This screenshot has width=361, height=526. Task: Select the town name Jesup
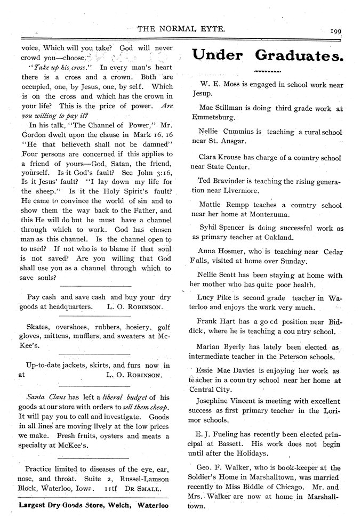click(202, 93)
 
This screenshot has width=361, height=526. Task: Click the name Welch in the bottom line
click(121, 505)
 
